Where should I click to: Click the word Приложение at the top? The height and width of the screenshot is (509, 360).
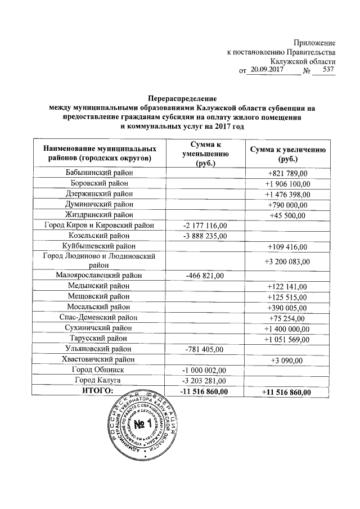coord(315,43)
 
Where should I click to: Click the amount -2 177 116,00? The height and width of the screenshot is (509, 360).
coord(204,225)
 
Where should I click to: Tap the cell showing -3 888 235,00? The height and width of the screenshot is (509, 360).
coord(204,236)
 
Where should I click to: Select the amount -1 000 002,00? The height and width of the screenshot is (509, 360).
coord(204,370)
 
